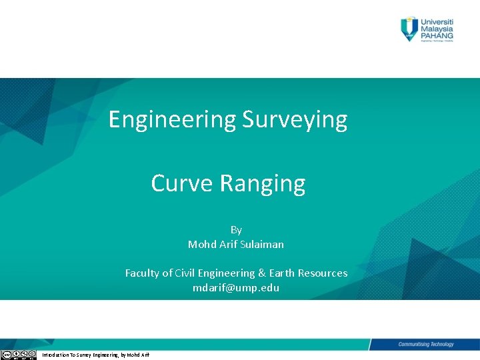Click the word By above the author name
[x=236, y=230]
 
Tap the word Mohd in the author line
[x=201, y=245]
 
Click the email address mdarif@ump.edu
[x=236, y=288]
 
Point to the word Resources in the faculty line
[x=323, y=273]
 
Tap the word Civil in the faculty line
[x=187, y=273]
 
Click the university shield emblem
[x=409, y=29]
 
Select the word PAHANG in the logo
[x=437, y=36]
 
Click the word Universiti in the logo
[x=437, y=21]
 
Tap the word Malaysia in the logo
[x=437, y=29]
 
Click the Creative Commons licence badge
[x=18, y=355]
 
